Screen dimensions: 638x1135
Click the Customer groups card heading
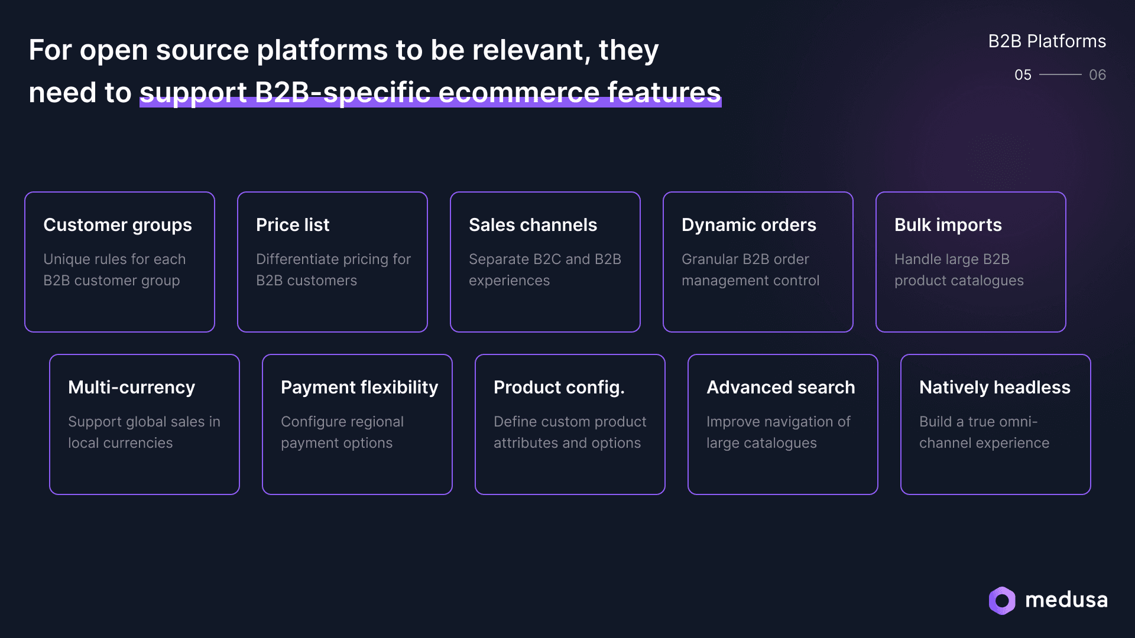(117, 225)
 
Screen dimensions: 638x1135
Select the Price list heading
(293, 225)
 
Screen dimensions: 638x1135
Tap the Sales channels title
(533, 225)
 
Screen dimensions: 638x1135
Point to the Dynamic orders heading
(748, 225)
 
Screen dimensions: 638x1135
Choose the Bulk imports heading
(948, 225)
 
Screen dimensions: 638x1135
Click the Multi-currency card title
(131, 388)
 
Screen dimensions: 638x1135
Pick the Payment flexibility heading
(359, 388)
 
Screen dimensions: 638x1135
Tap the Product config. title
(559, 388)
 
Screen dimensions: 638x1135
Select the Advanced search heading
(780, 388)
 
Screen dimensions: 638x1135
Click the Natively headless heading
(994, 388)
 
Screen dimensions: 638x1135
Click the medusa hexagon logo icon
(1002, 601)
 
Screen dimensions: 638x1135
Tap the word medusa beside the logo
(1066, 600)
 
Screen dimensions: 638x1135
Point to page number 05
(1023, 75)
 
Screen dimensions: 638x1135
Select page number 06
(1097, 75)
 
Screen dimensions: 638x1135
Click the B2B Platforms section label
(1047, 41)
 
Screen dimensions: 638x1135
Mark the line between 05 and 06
(1060, 75)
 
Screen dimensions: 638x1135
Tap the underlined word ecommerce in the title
(518, 93)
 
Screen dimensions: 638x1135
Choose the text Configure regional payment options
(342, 432)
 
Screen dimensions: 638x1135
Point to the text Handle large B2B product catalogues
(958, 270)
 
